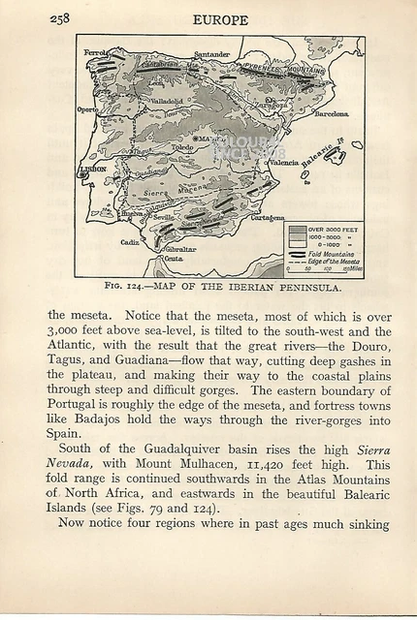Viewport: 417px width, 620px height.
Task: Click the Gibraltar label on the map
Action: point(178,249)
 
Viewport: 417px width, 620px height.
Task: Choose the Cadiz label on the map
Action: point(130,242)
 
